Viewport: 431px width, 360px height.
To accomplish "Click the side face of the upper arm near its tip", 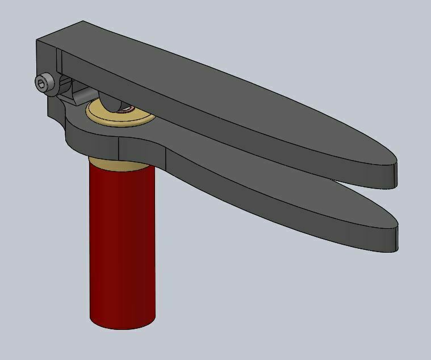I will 341,170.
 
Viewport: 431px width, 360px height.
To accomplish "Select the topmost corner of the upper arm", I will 84,22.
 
